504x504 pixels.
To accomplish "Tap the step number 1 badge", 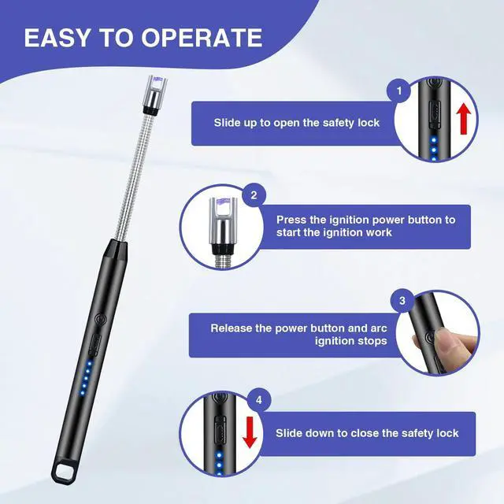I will click(x=401, y=91).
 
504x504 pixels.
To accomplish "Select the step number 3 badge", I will click(x=402, y=300).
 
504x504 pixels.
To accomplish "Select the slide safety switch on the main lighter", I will click(x=94, y=344).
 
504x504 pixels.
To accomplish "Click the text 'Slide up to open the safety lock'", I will click(x=297, y=123).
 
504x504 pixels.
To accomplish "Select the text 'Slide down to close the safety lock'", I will click(x=367, y=433).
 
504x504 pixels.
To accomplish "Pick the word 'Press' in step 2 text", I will click(x=291, y=220).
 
